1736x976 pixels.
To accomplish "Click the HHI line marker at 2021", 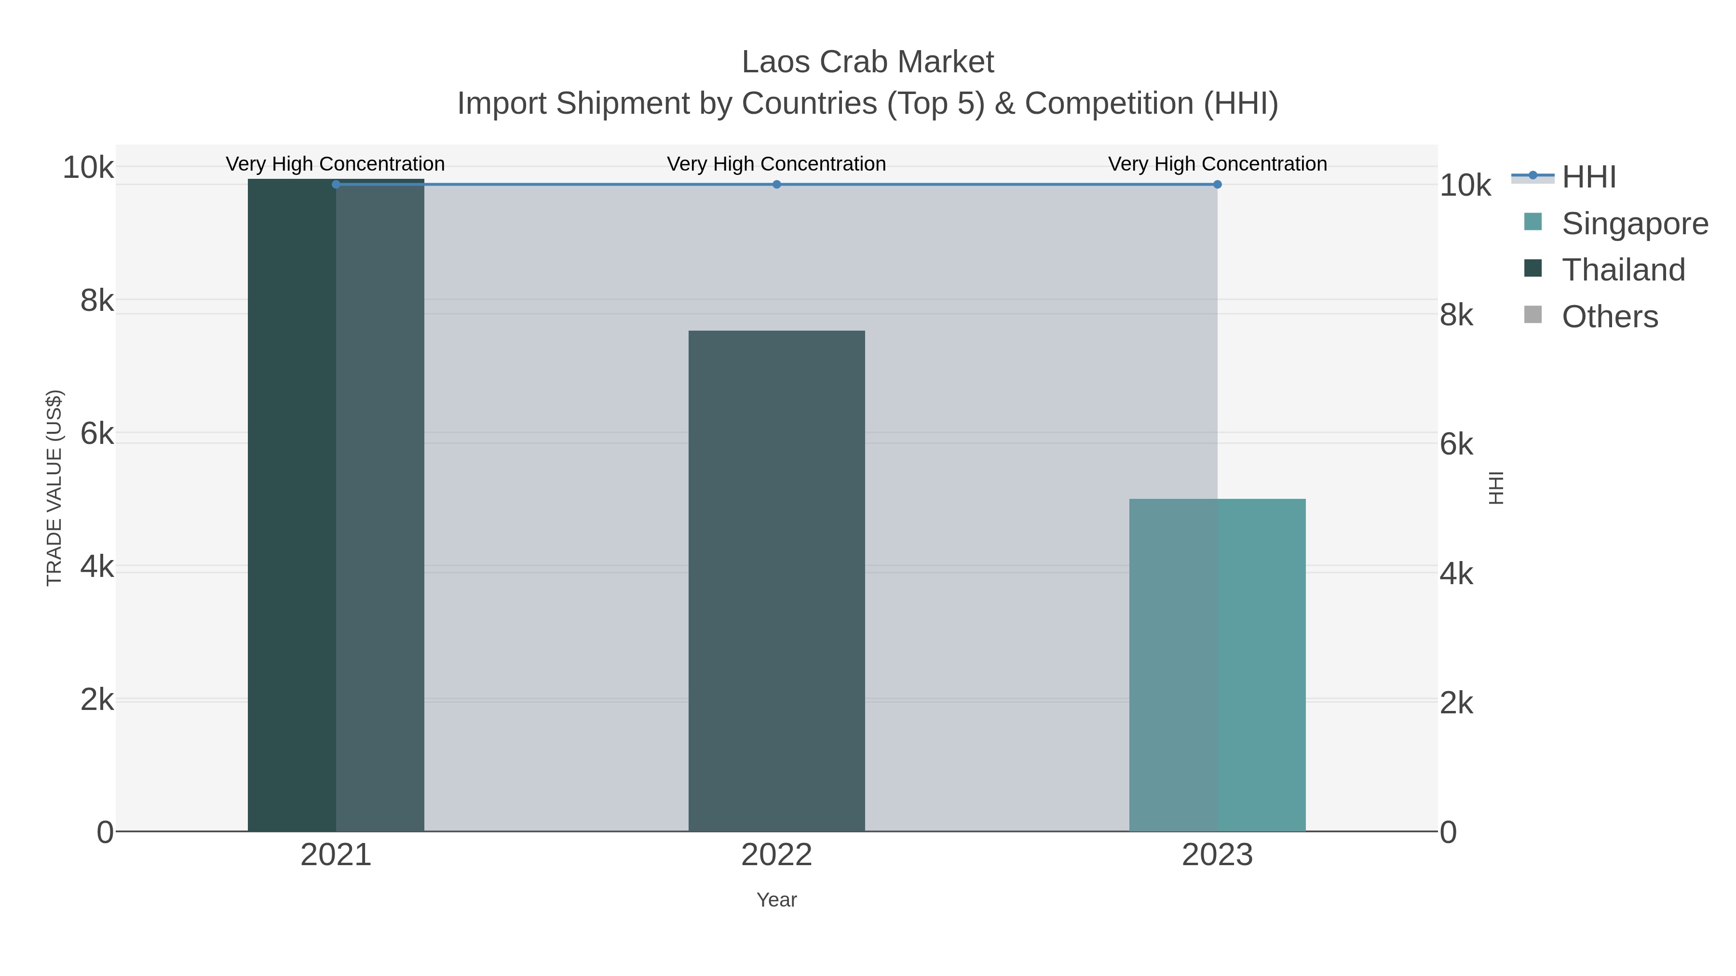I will tap(336, 184).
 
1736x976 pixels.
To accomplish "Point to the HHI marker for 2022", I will tap(776, 184).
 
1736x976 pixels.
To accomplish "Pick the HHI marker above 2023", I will tap(1217, 184).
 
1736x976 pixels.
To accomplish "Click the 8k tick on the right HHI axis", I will tap(1456, 315).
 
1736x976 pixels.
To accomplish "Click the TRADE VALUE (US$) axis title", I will tap(54, 488).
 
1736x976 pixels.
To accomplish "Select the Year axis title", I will tap(776, 900).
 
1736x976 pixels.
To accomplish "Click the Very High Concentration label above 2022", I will tap(776, 164).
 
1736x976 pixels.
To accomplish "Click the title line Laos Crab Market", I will tap(868, 62).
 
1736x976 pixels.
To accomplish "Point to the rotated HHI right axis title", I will tap(1496, 488).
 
